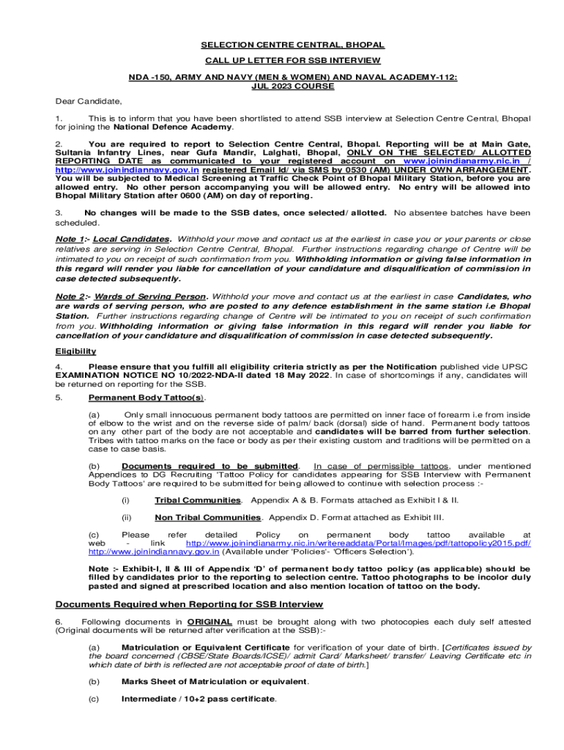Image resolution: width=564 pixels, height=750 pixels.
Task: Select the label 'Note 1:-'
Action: (x=73, y=240)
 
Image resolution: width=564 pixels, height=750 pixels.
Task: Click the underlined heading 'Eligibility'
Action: (x=75, y=352)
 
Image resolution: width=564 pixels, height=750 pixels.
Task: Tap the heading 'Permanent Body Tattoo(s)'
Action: (x=146, y=398)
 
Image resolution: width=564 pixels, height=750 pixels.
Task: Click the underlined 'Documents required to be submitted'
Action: (x=210, y=466)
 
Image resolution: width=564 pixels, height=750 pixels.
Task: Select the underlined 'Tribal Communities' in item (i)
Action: (x=198, y=500)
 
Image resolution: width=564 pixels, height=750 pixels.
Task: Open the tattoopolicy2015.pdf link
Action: (x=358, y=543)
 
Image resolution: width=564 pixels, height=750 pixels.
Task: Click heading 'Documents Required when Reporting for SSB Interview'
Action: (x=190, y=604)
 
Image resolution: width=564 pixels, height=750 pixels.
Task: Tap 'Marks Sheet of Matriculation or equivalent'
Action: (x=215, y=681)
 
